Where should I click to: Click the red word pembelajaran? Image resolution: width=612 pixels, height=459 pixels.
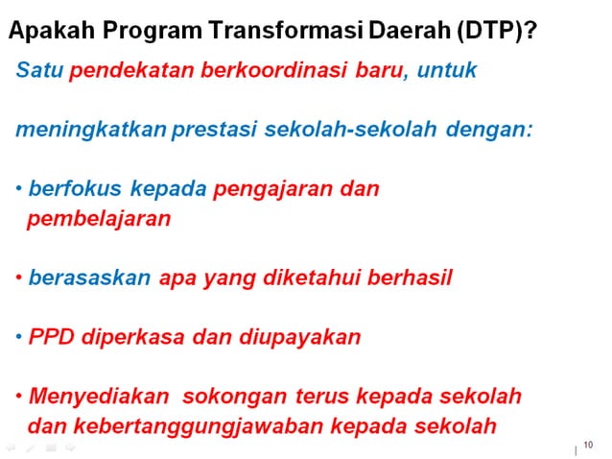tap(99, 218)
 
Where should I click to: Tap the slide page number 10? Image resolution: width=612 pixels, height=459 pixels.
tap(588, 445)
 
